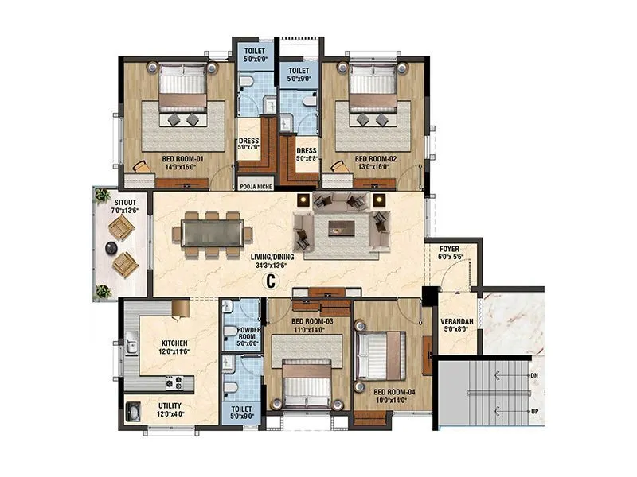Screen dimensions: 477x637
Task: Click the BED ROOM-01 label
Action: [172, 158]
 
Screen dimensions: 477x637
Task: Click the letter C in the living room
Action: [271, 280]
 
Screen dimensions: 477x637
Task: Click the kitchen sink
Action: [131, 347]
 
